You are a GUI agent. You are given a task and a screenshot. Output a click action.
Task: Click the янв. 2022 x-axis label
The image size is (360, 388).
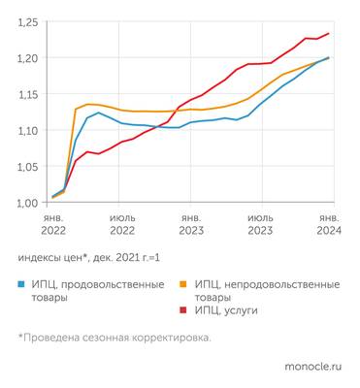coord(53,225)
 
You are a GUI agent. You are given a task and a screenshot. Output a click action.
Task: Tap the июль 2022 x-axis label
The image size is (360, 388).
coord(122,225)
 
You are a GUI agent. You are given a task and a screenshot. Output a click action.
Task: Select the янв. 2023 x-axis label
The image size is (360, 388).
coord(191,225)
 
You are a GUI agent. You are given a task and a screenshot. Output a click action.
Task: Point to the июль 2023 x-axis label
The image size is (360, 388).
coord(260,225)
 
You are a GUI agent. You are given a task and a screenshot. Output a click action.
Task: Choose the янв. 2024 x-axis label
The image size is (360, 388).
coord(329,225)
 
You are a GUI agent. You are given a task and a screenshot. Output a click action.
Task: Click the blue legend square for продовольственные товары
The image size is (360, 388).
coord(22,285)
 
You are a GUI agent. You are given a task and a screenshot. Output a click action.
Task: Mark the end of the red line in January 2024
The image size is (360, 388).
coord(328,34)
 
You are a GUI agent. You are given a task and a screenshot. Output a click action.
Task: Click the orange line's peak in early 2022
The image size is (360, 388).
coord(89,104)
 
